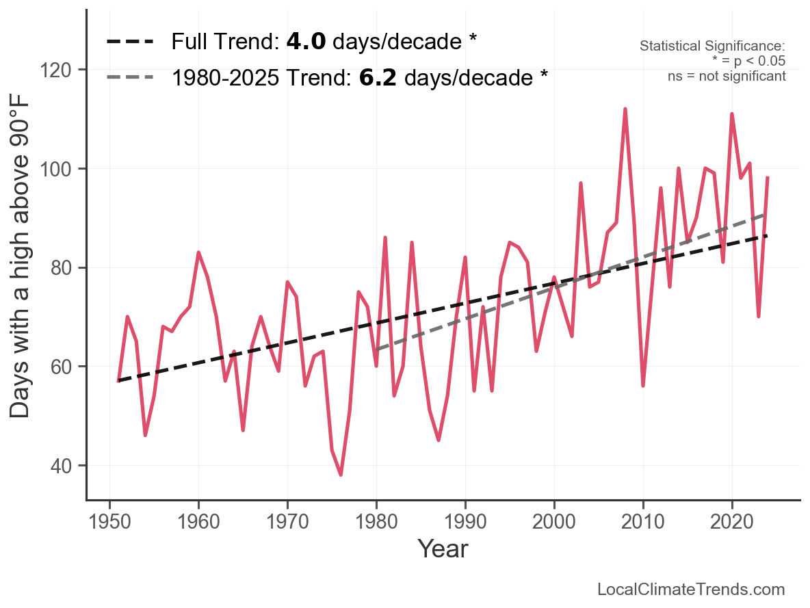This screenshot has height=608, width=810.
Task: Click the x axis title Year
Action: point(443,548)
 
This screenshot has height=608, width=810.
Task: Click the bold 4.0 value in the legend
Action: point(306,42)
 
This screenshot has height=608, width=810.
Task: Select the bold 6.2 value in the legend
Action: point(378,78)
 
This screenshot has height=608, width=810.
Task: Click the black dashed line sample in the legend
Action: point(130,42)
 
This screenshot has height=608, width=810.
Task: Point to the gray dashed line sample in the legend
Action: point(130,78)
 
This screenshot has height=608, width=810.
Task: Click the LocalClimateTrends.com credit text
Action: point(691,590)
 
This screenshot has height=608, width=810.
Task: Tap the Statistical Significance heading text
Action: point(712,47)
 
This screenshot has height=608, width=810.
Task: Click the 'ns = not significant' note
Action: point(727,76)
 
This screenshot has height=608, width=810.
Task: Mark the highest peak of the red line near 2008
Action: point(625,109)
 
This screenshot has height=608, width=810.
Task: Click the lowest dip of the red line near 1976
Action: point(341,475)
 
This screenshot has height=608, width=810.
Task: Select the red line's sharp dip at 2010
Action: point(643,386)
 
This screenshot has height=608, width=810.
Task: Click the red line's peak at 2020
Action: point(732,114)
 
